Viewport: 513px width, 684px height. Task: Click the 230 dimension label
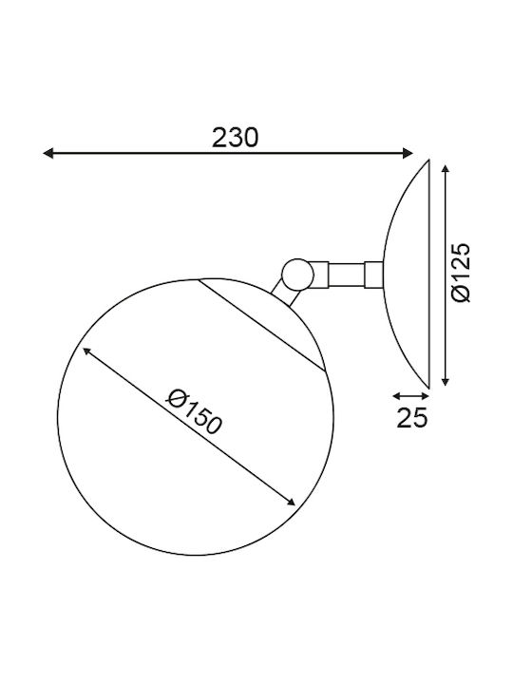[x=236, y=138]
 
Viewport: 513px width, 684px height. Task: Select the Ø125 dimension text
[x=461, y=273]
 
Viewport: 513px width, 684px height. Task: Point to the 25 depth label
[x=412, y=418]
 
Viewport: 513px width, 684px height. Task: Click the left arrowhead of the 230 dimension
[x=48, y=153]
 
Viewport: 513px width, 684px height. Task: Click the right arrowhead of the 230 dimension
[x=408, y=153]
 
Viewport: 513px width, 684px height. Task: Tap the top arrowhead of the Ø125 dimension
[x=445, y=170]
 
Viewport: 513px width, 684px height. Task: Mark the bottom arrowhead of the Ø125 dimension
[x=445, y=381]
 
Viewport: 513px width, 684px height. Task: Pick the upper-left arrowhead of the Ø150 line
[x=86, y=351]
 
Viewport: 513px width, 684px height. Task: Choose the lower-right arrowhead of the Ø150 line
[x=290, y=502]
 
